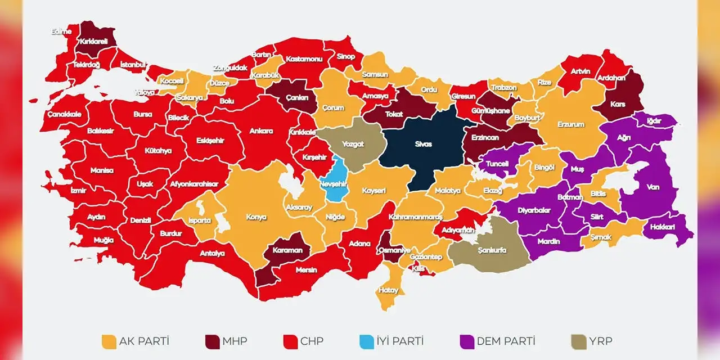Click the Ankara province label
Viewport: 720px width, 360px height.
click(261, 131)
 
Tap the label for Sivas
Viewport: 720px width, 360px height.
click(423, 145)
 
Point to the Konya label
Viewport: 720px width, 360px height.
click(256, 217)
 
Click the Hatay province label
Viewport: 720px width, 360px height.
click(389, 290)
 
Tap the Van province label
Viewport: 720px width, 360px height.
click(652, 187)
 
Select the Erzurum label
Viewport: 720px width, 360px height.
click(571, 124)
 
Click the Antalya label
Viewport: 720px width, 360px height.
click(212, 253)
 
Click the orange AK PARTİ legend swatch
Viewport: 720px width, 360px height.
click(109, 341)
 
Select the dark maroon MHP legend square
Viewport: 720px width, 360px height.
click(213, 341)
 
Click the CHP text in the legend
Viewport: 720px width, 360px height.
click(312, 341)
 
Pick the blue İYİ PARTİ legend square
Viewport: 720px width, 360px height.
click(367, 341)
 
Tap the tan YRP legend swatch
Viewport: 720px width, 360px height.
click(579, 341)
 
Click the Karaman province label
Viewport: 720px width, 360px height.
click(287, 251)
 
